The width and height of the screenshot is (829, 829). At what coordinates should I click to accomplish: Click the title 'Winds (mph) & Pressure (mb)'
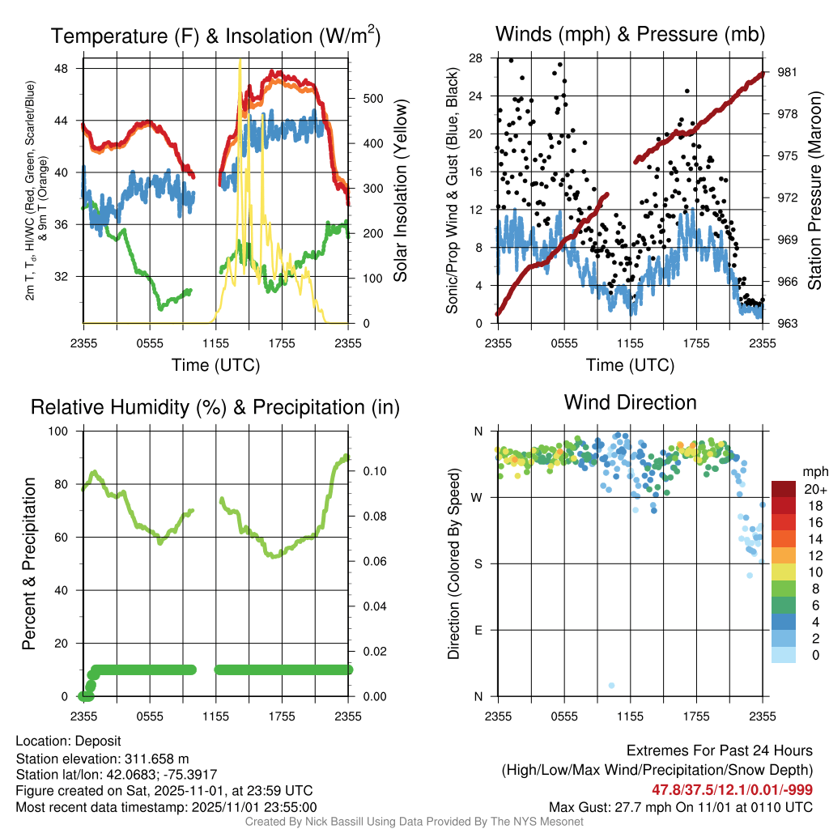point(630,34)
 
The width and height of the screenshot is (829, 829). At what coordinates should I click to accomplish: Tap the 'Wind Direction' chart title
point(630,402)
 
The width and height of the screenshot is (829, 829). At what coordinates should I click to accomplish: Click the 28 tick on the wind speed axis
point(476,58)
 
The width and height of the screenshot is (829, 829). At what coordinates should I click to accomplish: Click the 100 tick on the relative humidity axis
point(62,432)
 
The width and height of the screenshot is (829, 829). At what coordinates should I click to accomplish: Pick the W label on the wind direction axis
point(478,498)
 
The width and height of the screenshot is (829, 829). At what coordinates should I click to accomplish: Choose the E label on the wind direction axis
point(478,631)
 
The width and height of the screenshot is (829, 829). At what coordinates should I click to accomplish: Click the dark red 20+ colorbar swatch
point(785,490)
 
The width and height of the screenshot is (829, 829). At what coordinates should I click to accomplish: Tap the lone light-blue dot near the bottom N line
point(611,686)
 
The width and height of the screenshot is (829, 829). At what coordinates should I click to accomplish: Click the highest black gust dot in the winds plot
point(511,60)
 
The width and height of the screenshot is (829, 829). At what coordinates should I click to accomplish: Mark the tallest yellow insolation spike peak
point(240,60)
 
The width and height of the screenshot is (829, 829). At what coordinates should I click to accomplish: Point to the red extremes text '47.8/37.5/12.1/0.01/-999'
point(732,789)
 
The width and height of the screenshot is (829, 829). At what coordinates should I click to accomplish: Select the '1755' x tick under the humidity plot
point(282,716)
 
